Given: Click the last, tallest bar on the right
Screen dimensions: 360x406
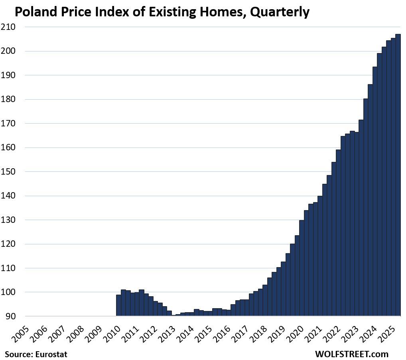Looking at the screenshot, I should (398, 175).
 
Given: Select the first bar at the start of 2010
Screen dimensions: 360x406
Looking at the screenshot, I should (118, 305).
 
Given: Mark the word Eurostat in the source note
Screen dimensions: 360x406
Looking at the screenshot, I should (51, 354).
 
